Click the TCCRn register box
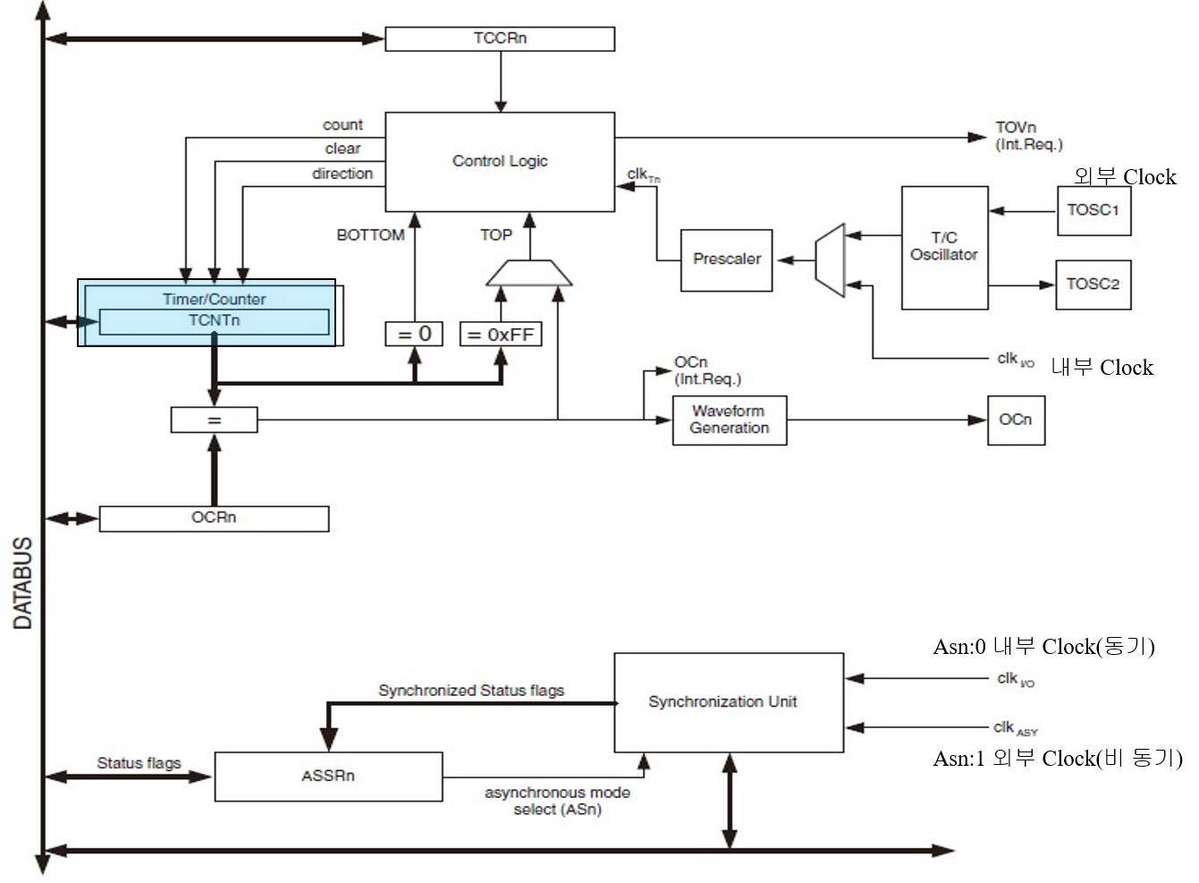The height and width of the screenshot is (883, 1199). [500, 38]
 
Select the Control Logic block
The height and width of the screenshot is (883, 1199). [500, 161]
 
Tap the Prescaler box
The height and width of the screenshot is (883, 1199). [726, 259]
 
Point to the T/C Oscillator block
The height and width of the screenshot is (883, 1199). [944, 247]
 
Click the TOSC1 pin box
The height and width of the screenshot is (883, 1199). [1093, 210]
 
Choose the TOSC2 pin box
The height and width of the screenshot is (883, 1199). [1093, 284]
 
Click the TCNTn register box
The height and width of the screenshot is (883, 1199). [214, 321]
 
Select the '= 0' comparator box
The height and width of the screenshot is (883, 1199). [414, 334]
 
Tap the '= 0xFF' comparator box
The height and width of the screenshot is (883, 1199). [500, 335]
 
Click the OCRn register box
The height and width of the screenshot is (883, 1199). [214, 518]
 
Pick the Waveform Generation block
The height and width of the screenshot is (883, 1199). [729, 420]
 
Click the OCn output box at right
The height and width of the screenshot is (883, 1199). [1016, 420]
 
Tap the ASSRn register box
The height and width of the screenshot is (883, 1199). [328, 776]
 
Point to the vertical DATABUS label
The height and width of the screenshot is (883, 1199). [23, 582]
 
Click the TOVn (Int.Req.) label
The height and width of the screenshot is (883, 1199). [1028, 136]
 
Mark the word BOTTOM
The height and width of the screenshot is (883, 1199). [370, 235]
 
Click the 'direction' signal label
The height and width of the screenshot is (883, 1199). [342, 174]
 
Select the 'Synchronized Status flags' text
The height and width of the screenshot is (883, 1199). [471, 691]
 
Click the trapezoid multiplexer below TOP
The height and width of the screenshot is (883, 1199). [528, 273]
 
